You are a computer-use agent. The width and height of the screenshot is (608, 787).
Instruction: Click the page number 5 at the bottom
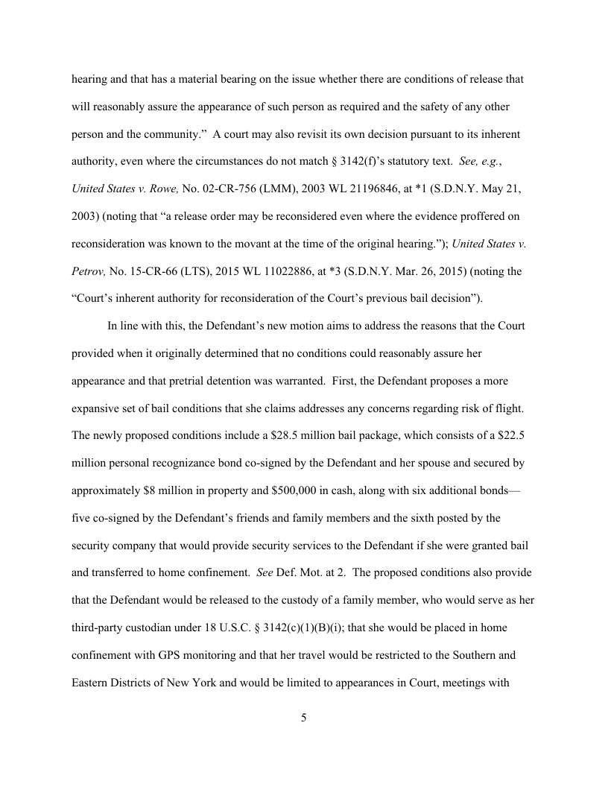pyautogui.click(x=303, y=718)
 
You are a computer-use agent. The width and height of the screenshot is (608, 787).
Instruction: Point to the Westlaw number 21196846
pyautogui.click(x=366, y=189)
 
